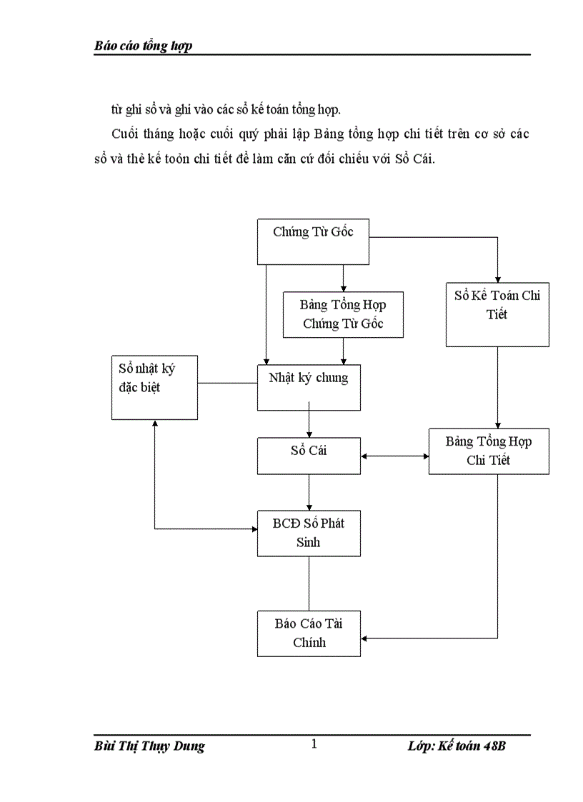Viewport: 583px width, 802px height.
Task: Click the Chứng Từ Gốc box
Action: click(x=313, y=241)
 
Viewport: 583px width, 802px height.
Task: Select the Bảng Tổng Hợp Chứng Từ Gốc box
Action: click(x=343, y=314)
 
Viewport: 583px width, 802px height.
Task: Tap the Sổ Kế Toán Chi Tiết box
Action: click(x=497, y=314)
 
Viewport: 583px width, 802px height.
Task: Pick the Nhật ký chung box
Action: click(x=309, y=386)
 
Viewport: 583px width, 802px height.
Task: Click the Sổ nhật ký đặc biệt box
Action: click(x=154, y=387)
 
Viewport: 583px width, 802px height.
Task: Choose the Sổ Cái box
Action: click(x=309, y=455)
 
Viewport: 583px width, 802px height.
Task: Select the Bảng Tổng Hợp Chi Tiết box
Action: click(x=489, y=451)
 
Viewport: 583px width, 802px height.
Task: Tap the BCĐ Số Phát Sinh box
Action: click(x=309, y=533)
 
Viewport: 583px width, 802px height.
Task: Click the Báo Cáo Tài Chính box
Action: click(x=309, y=633)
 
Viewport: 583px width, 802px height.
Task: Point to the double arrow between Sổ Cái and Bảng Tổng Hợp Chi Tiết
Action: click(x=394, y=455)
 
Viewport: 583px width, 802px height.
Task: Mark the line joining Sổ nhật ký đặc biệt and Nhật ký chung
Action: click(x=227, y=384)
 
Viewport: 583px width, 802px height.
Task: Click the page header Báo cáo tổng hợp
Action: click(x=143, y=46)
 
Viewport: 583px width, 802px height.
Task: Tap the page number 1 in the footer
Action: click(x=314, y=744)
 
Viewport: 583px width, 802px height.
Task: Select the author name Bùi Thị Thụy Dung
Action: click(x=149, y=746)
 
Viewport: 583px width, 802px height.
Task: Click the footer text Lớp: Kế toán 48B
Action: click(x=457, y=746)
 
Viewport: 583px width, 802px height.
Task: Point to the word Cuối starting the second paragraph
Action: click(x=125, y=135)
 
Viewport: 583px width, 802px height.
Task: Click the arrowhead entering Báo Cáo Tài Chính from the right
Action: click(x=365, y=637)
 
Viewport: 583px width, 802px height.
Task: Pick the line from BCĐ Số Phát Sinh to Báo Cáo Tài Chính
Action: click(x=309, y=583)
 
